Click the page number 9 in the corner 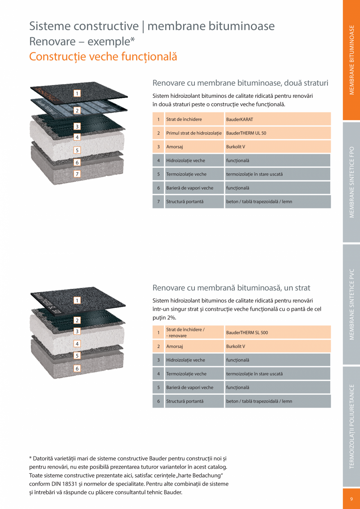[x=351, y=498]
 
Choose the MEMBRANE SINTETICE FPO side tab [x=351, y=182]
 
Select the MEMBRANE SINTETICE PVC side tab [x=351, y=304]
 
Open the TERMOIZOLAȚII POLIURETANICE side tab [x=351, y=426]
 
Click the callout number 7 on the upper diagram [x=77, y=174]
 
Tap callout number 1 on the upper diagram [x=77, y=93]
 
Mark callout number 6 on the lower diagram [x=77, y=368]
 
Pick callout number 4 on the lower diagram [x=77, y=344]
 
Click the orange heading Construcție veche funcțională [x=103, y=57]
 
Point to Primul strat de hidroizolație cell [x=194, y=133]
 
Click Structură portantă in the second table [x=185, y=401]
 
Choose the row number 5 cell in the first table [x=158, y=174]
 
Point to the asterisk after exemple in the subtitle [x=133, y=40]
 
